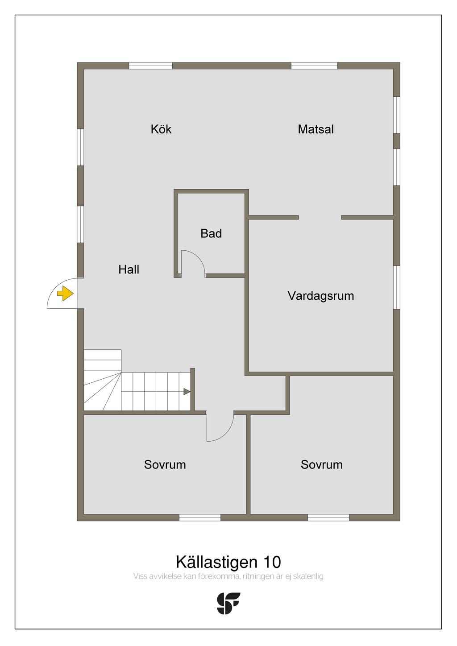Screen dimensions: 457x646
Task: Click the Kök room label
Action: (161, 129)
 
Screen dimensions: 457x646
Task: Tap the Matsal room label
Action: (316, 129)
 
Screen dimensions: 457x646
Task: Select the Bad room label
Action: (211, 233)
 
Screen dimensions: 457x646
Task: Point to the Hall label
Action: (129, 269)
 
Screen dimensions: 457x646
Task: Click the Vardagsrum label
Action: (320, 296)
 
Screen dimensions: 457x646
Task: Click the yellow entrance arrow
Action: (66, 294)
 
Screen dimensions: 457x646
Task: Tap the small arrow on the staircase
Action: (187, 392)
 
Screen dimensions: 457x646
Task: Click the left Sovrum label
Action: (165, 464)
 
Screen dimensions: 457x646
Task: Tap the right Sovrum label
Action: (321, 464)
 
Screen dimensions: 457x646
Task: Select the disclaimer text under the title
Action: (228, 576)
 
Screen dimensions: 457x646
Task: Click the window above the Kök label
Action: (150, 66)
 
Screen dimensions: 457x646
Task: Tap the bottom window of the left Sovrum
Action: (200, 518)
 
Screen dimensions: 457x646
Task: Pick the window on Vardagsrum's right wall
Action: (397, 287)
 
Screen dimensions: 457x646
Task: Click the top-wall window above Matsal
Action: (314, 66)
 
